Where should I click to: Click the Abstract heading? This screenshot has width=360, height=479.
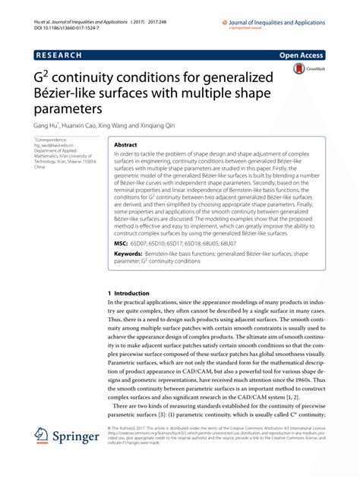(x=126, y=143)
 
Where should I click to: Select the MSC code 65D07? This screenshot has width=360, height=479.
(x=150, y=244)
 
